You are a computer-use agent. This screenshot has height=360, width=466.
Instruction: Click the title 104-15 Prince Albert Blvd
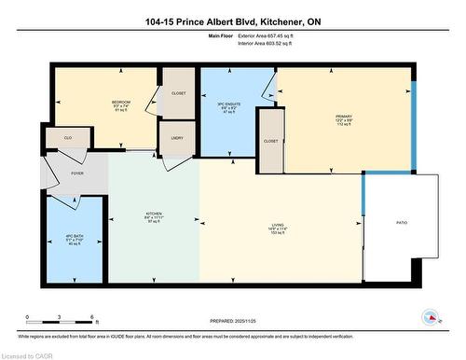pyautogui.click(x=232, y=21)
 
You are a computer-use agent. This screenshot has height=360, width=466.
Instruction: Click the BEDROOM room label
pyautogui.click(x=121, y=101)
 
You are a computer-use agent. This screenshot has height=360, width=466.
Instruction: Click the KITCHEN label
pyautogui.click(x=154, y=214)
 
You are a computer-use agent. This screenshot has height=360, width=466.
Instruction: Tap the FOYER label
pyautogui.click(x=76, y=173)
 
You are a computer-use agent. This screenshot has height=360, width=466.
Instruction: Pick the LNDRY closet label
pyautogui.click(x=176, y=137)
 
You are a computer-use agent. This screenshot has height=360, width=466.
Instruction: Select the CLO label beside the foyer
pyautogui.click(x=68, y=138)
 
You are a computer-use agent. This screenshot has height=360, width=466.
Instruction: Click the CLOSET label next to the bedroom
pyautogui.click(x=178, y=92)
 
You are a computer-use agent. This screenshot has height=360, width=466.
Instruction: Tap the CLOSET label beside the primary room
pyautogui.click(x=270, y=141)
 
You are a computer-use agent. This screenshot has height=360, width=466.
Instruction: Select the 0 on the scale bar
pyautogui.click(x=28, y=317)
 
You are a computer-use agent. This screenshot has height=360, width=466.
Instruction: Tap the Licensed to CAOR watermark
pyautogui.click(x=30, y=354)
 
